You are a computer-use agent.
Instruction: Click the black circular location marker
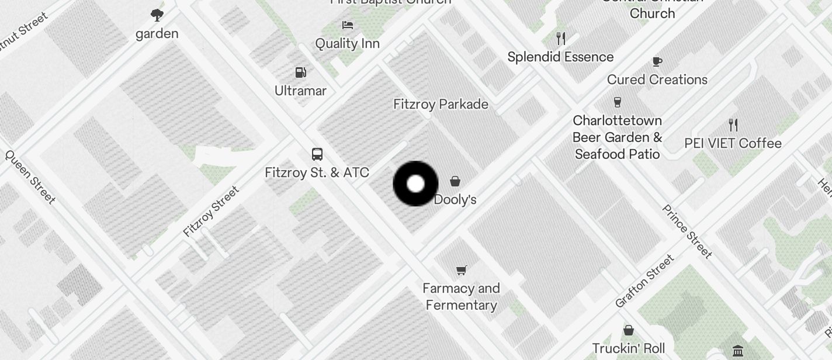tap(415, 184)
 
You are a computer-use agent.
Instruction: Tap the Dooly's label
tap(455, 200)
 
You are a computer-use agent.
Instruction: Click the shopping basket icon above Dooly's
tap(455, 181)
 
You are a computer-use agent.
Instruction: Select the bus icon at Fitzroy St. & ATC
tap(317, 154)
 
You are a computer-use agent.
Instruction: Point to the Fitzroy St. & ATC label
tap(317, 172)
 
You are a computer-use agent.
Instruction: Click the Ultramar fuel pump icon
tap(301, 72)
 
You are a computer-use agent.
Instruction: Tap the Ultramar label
tap(301, 91)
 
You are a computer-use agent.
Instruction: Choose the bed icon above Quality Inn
tap(348, 25)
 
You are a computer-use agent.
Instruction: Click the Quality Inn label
tap(348, 43)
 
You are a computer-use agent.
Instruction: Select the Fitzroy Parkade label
tap(441, 104)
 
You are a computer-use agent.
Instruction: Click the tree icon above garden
tap(157, 15)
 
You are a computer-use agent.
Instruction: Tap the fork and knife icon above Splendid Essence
tap(561, 39)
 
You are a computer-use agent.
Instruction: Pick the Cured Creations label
tap(657, 79)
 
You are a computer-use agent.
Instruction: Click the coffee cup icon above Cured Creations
tap(657, 61)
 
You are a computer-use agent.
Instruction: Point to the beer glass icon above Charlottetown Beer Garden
tap(618, 102)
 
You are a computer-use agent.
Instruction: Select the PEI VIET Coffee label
tap(733, 143)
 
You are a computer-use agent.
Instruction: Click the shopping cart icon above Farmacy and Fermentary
tap(462, 270)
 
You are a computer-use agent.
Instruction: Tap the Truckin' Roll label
tap(629, 348)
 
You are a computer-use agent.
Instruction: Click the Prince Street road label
tap(687, 231)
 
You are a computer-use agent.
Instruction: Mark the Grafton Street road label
tap(644, 282)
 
